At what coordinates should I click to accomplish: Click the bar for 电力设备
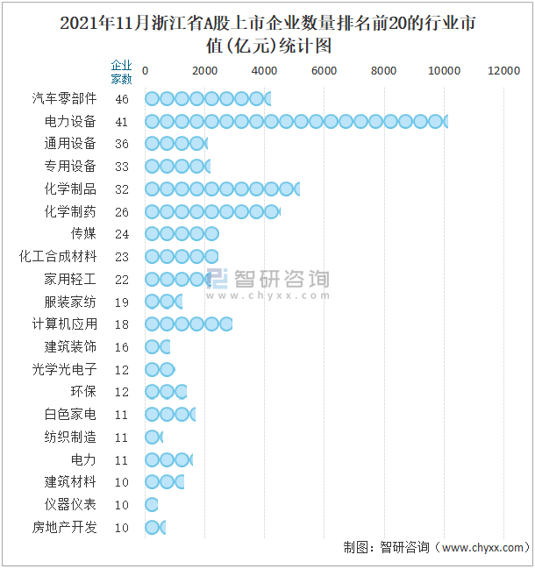(296, 121)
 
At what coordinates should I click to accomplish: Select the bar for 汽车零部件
(207, 99)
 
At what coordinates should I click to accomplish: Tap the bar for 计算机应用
(188, 324)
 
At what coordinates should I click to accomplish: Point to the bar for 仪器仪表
(151, 505)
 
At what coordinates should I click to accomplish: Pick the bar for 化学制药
(211, 211)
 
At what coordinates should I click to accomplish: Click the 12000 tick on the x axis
(504, 71)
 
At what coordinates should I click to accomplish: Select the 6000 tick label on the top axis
(325, 71)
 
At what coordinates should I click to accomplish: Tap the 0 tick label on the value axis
(145, 71)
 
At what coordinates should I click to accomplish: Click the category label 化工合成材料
(58, 257)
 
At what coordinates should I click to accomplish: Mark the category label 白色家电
(70, 415)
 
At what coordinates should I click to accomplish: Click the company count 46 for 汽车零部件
(121, 99)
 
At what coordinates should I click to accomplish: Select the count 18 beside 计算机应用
(121, 324)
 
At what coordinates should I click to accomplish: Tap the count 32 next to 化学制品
(121, 189)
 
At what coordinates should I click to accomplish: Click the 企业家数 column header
(121, 72)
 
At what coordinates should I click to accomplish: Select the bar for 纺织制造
(153, 437)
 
